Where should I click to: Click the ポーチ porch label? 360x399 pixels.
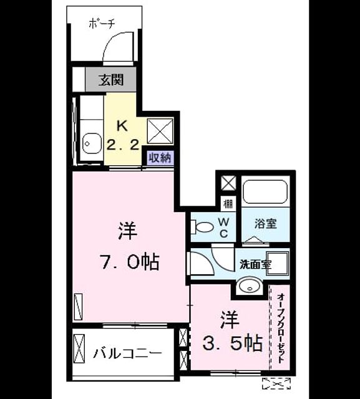coord(102,24)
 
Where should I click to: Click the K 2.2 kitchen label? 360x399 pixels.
coord(123,135)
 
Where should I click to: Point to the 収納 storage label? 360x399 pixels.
coord(160,158)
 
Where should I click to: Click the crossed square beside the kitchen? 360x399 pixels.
coord(160,132)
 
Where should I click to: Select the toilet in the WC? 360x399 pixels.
coord(202,227)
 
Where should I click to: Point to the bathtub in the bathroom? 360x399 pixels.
coord(265,191)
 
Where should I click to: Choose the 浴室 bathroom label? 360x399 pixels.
coord(266,223)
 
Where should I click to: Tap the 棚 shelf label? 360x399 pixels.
coord(228,204)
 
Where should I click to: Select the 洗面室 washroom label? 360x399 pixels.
coord(256,265)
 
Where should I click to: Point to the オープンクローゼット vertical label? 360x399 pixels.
coord(281,329)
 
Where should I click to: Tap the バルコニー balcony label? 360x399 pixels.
coord(127,353)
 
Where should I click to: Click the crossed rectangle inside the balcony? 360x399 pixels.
coord(79,349)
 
